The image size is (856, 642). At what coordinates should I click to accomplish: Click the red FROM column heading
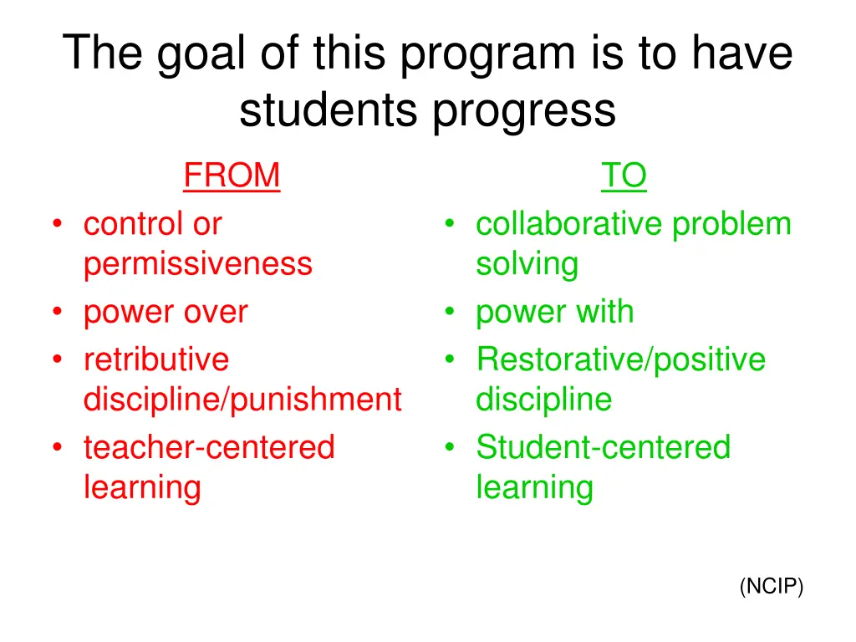[x=232, y=176]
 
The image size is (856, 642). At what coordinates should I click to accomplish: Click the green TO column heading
[x=624, y=176]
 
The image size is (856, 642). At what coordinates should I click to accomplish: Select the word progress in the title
[x=524, y=110]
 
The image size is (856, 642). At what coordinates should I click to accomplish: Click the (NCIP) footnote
[x=771, y=588]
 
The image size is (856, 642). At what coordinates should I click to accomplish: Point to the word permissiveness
[x=197, y=264]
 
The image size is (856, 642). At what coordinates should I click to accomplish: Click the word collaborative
[x=569, y=224]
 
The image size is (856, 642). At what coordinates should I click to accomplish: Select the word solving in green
[x=527, y=264]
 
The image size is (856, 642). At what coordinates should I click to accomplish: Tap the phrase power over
[x=166, y=313]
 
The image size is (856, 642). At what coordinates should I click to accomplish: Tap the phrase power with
[x=554, y=313]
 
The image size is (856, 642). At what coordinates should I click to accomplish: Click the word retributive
[x=155, y=359]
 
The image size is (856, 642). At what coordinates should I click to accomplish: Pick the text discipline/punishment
[x=242, y=400]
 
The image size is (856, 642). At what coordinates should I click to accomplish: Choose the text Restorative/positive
[x=620, y=359]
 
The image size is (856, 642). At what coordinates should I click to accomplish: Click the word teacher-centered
[x=208, y=447]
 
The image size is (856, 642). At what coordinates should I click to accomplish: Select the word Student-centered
[x=603, y=447]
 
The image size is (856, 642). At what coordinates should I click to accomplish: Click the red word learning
[x=142, y=487]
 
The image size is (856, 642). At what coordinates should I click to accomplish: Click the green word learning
[x=534, y=487]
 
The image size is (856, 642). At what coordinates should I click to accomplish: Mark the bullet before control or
[x=57, y=224]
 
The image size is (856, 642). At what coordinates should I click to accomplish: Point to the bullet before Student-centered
[x=451, y=447]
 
